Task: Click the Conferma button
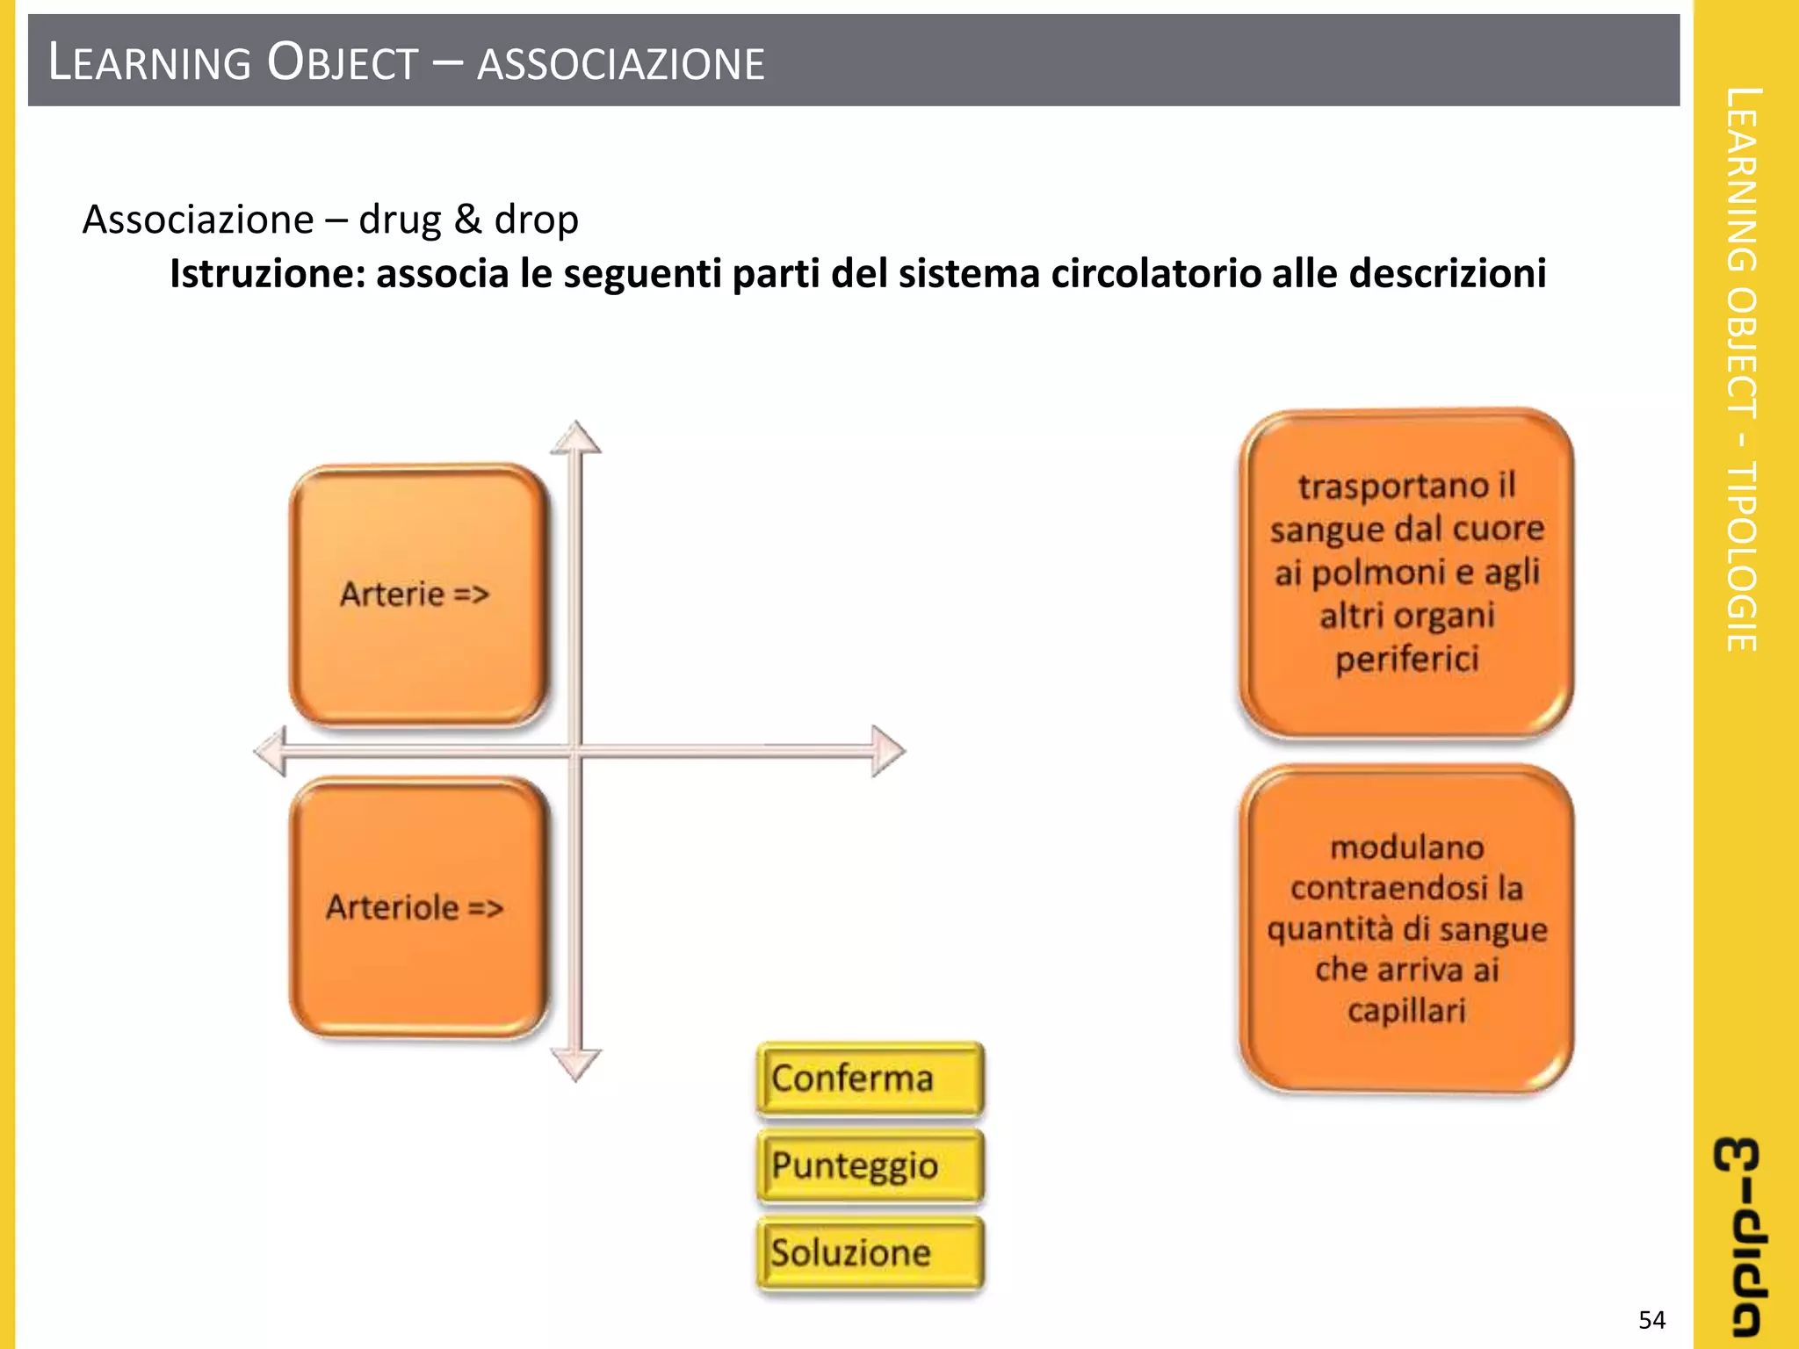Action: coord(869,1078)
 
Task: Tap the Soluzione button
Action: coord(869,1252)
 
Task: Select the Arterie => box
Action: coord(418,595)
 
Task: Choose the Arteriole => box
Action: coord(418,907)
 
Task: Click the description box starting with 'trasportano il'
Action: coord(1405,574)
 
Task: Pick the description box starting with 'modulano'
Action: coord(1405,928)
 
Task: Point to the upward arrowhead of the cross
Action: coord(575,437)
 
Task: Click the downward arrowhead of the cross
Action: coord(575,1064)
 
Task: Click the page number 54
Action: coord(1651,1320)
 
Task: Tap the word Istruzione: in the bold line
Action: coord(265,273)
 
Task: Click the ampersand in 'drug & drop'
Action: coord(467,220)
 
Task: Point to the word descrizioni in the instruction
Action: coord(1447,273)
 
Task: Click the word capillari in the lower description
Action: coord(1405,1010)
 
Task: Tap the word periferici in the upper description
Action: coord(1406,659)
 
